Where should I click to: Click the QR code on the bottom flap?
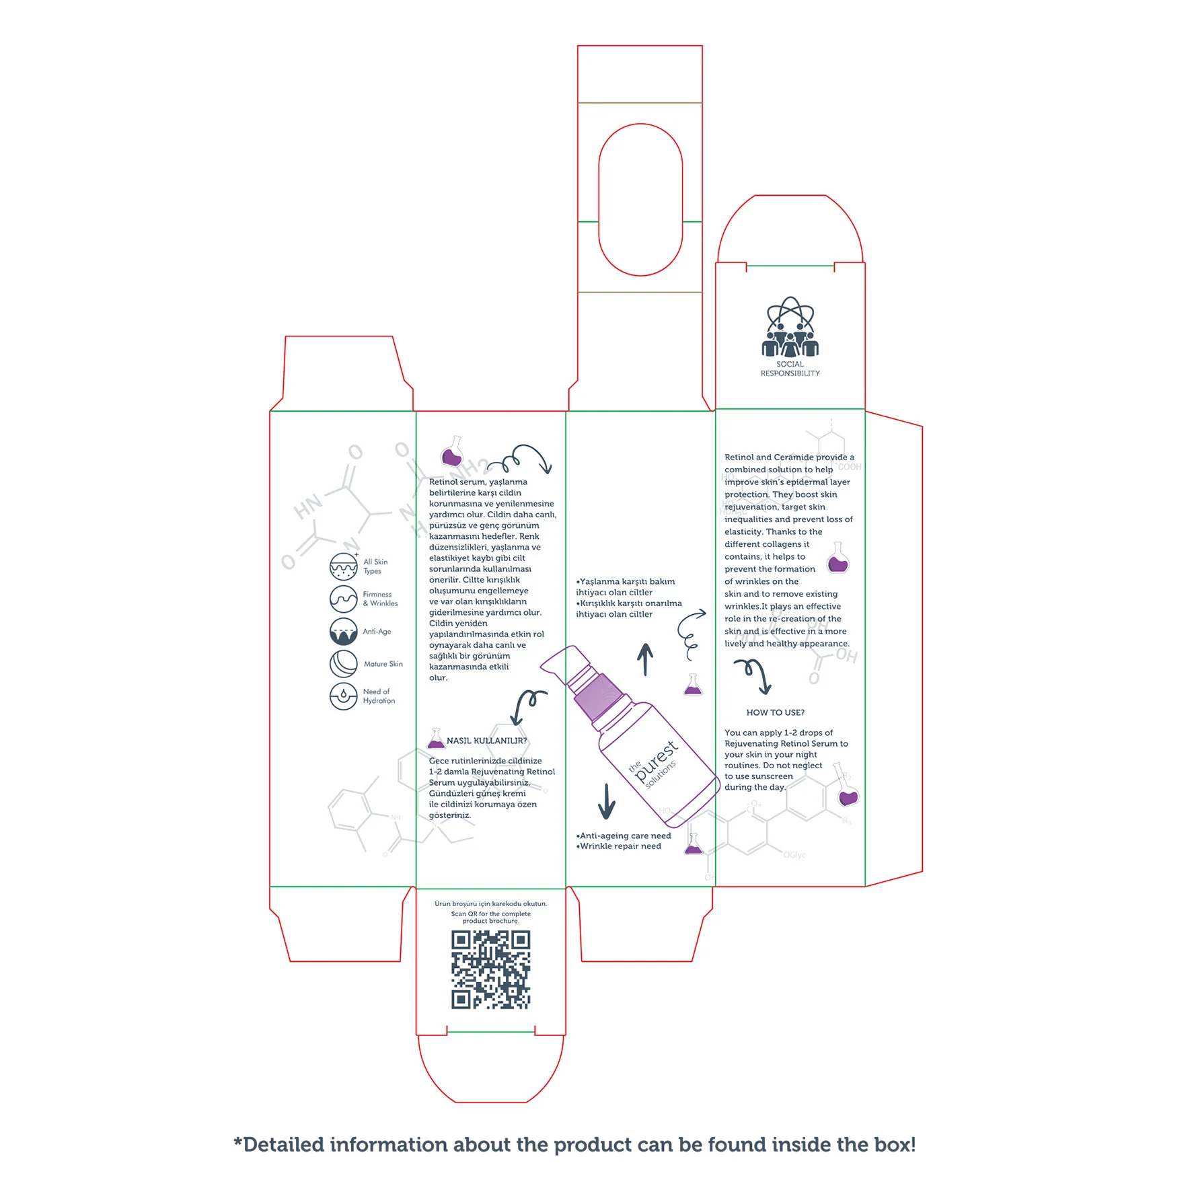490,969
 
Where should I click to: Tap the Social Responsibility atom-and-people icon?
790,328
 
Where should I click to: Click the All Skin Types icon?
343,566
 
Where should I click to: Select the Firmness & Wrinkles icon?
343,599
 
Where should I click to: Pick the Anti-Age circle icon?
343,632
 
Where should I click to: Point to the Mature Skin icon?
343,664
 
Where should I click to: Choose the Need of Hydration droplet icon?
343,696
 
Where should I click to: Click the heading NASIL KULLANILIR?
486,741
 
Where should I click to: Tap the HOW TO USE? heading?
775,712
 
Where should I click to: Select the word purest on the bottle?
655,760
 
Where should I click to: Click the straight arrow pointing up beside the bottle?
645,659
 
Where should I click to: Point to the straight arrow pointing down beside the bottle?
607,800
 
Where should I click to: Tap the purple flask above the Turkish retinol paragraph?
452,453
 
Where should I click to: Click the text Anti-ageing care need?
625,835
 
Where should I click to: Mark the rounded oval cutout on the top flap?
640,200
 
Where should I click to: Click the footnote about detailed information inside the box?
574,1144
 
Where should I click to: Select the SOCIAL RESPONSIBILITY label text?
790,369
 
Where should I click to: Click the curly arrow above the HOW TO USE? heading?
754,675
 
